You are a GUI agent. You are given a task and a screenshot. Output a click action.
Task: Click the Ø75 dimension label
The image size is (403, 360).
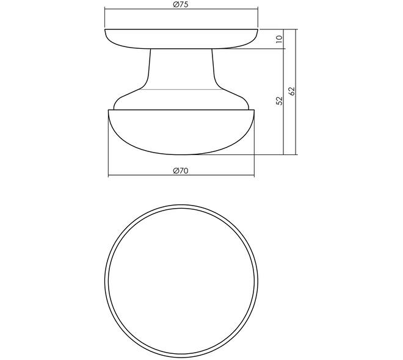(x=181, y=4)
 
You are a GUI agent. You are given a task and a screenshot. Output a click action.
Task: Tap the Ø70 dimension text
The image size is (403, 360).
(x=181, y=171)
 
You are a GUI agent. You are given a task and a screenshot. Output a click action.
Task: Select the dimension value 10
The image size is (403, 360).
(x=279, y=39)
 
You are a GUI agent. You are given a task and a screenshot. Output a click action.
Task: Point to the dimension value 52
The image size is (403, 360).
(x=279, y=101)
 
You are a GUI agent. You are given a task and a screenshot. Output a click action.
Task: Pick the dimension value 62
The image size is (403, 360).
(x=292, y=91)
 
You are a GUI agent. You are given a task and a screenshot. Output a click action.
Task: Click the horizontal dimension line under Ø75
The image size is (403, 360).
(x=181, y=9)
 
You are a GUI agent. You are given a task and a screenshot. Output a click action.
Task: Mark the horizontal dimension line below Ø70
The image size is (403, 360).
(x=181, y=176)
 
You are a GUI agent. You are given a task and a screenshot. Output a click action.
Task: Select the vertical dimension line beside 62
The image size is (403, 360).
(x=296, y=92)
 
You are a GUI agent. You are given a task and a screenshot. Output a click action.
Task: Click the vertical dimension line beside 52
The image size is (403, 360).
(x=283, y=102)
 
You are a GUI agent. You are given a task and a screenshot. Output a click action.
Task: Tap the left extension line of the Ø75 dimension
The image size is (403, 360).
(x=105, y=18)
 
